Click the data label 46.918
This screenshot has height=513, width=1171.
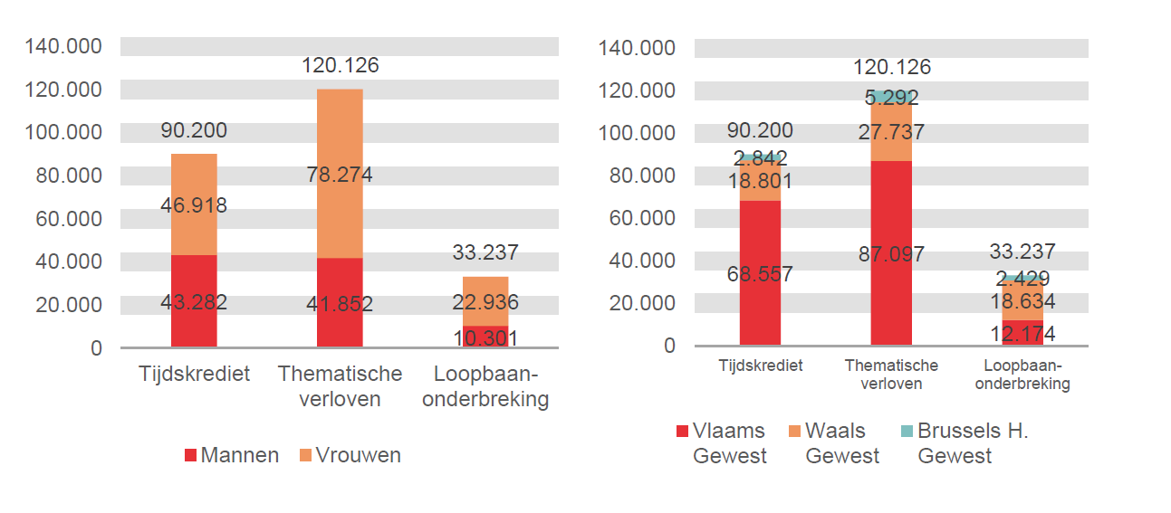point(194,205)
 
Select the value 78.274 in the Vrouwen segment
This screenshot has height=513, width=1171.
point(340,175)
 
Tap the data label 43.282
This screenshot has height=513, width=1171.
point(194,302)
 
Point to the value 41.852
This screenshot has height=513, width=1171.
point(340,304)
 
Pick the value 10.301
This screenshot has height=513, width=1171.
point(485,338)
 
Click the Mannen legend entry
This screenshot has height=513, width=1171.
point(232,455)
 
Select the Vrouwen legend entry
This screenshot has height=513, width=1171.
point(350,455)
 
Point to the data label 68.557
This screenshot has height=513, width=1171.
point(760,273)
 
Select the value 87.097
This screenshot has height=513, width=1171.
point(891,254)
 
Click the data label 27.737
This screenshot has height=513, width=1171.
point(891,132)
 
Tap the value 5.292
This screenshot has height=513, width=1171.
point(891,98)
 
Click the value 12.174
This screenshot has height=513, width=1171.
point(1022,334)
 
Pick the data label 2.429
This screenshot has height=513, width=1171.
point(1022,279)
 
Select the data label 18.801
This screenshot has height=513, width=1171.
point(760,181)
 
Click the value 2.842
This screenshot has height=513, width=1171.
point(760,157)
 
